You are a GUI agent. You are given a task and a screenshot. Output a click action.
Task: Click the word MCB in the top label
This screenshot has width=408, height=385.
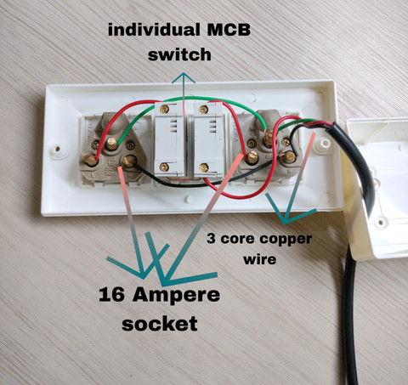pos(229,30)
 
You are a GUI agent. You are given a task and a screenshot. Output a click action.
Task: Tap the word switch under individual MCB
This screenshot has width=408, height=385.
pos(179,54)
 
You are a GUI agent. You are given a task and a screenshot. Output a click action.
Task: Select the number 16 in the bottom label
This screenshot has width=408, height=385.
pos(111,294)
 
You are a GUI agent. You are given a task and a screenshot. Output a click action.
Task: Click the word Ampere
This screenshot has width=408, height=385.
pos(176,297)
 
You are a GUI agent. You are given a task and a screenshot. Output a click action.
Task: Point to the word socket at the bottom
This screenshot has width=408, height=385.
pos(160,324)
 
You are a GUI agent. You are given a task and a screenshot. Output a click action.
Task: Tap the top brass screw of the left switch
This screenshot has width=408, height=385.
pos(164,109)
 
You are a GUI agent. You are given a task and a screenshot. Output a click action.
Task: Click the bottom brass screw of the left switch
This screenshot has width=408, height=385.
pos(164,167)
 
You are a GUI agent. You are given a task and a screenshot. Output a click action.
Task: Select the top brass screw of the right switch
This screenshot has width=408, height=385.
pos(203,110)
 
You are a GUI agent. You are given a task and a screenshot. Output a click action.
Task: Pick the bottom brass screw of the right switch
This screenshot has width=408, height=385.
pos(203,167)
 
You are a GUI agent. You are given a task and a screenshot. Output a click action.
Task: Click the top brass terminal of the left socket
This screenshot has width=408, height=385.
pos(112,144)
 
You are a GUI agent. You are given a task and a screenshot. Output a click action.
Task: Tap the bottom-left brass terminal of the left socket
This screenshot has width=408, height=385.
pos(91,160)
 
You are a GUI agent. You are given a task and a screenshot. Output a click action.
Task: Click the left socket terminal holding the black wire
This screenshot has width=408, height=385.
pos(128,161)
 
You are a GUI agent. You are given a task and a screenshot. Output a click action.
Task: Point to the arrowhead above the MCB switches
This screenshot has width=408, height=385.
pos(184,78)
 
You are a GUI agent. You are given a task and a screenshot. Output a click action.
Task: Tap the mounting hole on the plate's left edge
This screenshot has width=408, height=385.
pos(58,149)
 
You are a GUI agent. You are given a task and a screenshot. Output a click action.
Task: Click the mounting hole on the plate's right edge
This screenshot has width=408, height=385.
pos(325,143)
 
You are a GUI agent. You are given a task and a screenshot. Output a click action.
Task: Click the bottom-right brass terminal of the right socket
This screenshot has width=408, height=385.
pos(289,156)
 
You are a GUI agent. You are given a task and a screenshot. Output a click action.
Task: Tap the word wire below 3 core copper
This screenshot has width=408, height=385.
pos(260,259)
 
